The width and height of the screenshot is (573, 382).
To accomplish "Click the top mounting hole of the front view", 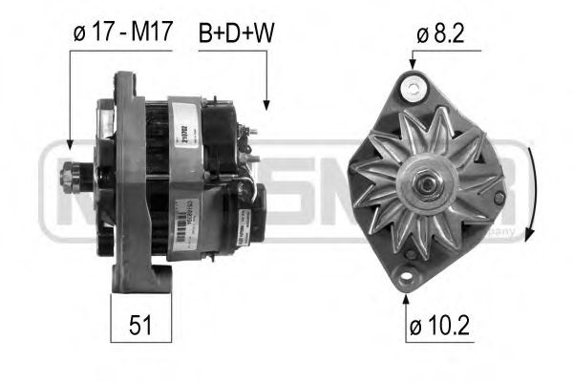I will tap(413, 89).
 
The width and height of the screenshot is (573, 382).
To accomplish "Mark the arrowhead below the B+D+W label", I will tap(266, 108).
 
